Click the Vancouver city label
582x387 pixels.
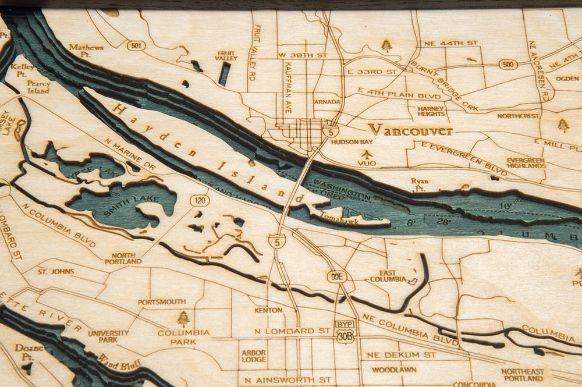click(410, 130)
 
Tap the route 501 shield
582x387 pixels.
click(136, 45)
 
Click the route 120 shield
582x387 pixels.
click(199, 200)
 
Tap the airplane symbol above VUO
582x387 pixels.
click(367, 154)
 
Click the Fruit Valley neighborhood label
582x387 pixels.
click(226, 55)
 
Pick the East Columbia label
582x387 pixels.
click(388, 276)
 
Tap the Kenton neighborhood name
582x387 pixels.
click(268, 310)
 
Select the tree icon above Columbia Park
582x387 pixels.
click(183, 318)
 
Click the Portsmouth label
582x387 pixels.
click(161, 302)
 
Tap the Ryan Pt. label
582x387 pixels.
click(420, 184)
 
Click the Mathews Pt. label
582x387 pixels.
click(86, 50)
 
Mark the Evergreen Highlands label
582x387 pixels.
click(526, 163)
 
